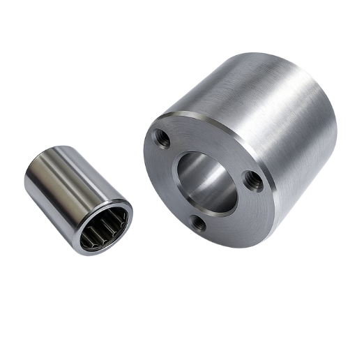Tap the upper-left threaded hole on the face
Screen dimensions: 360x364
point(162,137)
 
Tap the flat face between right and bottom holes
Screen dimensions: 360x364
point(234,216)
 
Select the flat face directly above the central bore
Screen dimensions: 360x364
point(209,136)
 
